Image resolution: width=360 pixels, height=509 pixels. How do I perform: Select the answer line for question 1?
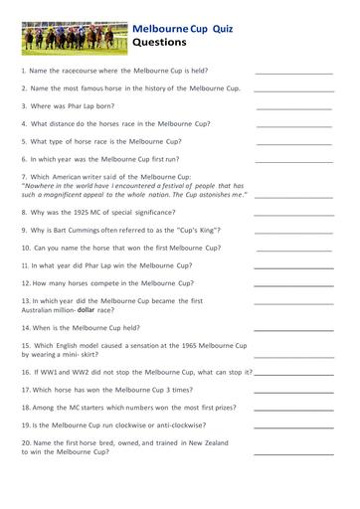pyautogui.click(x=294, y=74)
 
